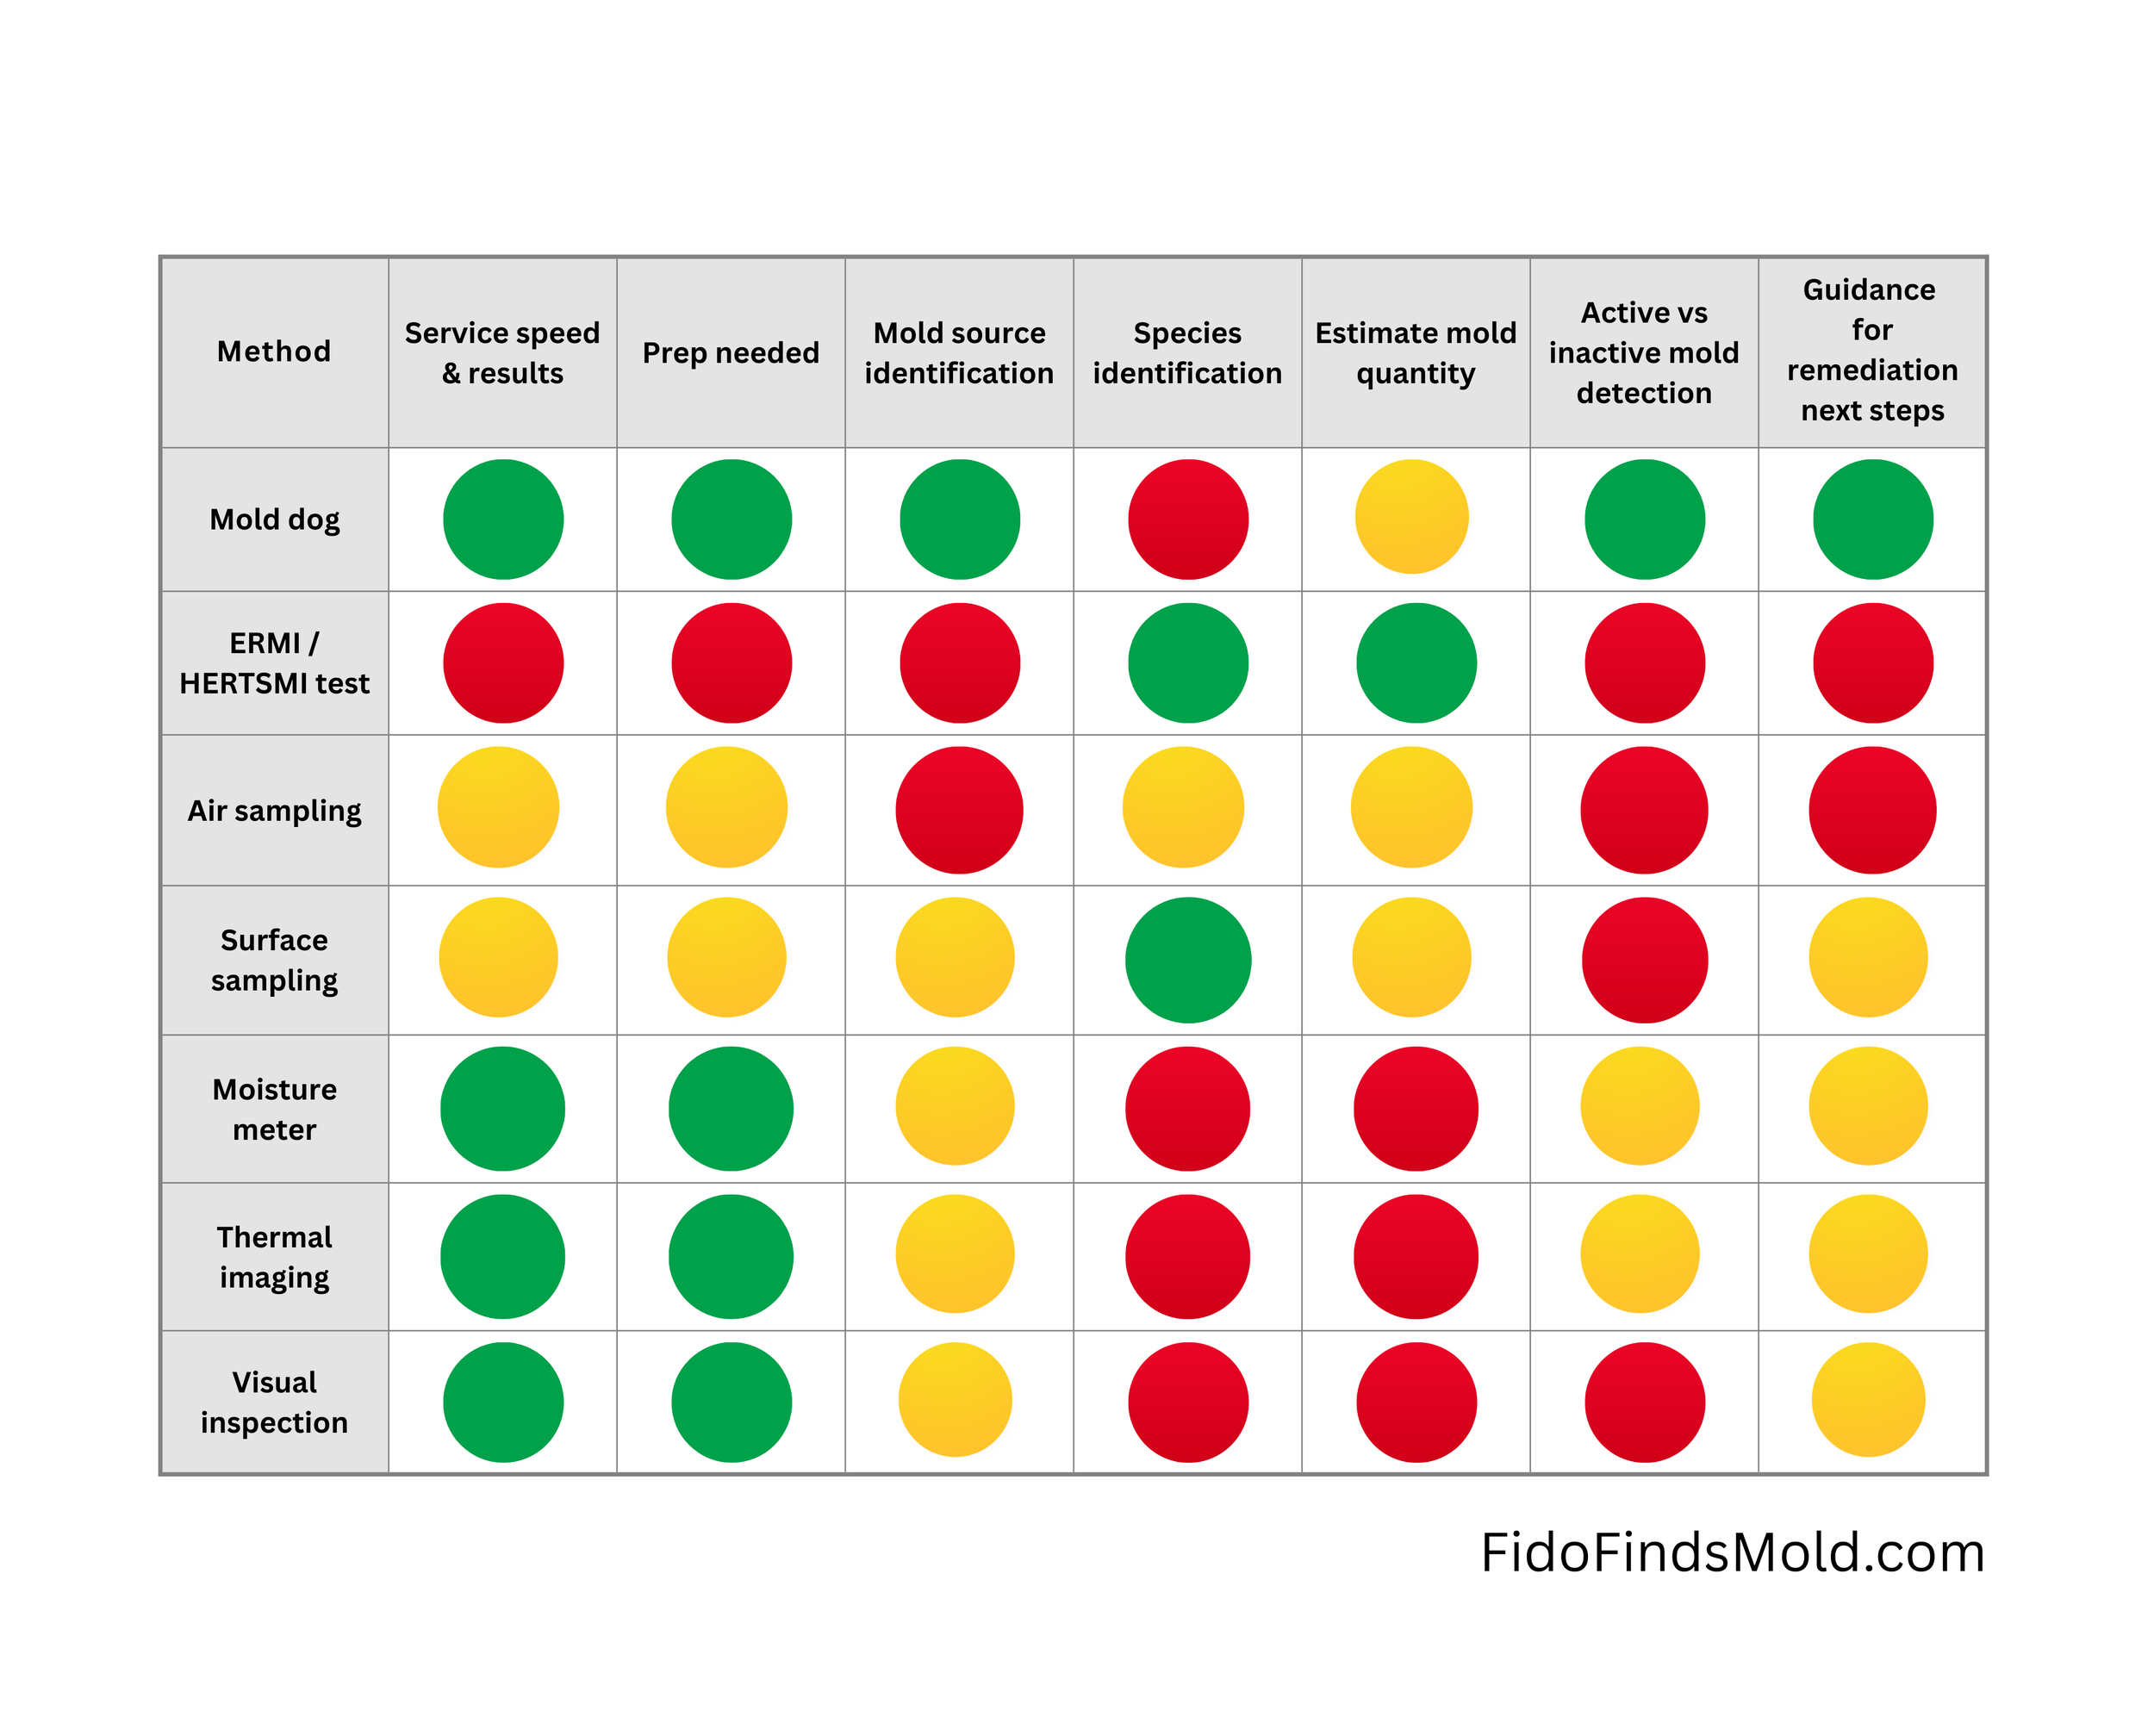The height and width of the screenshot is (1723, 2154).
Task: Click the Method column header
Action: pos(274,351)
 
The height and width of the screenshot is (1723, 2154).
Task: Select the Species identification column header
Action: pos(1187,351)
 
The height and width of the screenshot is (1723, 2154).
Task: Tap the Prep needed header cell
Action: pos(731,352)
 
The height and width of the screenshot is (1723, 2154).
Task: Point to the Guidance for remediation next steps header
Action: pos(1871,350)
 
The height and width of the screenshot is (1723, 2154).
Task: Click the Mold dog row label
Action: pos(274,519)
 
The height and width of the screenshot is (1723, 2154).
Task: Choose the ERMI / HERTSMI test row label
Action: pos(274,662)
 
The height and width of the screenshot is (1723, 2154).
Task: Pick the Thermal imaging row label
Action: pos(274,1257)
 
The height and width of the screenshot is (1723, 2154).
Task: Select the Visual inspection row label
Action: pos(274,1402)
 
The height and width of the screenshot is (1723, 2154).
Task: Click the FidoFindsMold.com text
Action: pos(1732,1553)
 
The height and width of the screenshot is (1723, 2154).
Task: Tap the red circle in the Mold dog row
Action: pos(1188,519)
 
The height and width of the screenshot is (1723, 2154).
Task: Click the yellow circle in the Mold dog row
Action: pos(1411,516)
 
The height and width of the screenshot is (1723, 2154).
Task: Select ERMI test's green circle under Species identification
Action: pos(1188,662)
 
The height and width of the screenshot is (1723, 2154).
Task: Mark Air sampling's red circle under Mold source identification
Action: pos(959,810)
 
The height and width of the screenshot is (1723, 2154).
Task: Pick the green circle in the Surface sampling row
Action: pos(1188,960)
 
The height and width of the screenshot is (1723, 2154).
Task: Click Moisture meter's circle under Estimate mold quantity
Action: pos(1416,1109)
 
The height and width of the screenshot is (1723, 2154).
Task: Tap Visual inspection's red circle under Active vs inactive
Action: pos(1645,1403)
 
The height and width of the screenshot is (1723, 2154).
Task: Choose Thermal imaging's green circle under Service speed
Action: pos(502,1257)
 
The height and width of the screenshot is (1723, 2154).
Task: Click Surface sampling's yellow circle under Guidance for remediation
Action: pos(1868,957)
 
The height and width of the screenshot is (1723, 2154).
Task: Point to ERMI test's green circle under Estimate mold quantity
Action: pos(1416,662)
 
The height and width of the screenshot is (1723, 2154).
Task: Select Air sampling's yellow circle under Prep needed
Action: pos(726,807)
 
